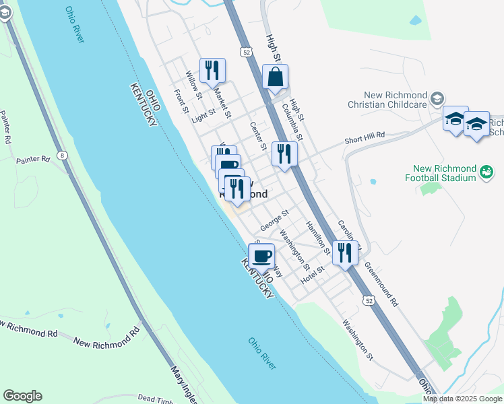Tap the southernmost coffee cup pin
click(262, 256)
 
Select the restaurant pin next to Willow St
click(212, 70)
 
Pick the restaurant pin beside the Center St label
click(284, 154)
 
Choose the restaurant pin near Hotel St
click(345, 253)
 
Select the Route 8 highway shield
click(63, 156)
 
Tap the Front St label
click(181, 101)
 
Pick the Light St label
click(203, 116)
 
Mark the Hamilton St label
click(318, 238)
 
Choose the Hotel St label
click(313, 274)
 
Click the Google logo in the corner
click(22, 396)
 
